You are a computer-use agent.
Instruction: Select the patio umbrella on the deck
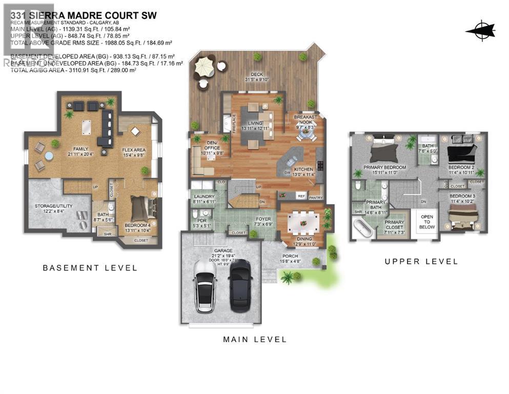click(x=204, y=66)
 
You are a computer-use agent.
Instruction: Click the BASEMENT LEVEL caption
click(x=90, y=268)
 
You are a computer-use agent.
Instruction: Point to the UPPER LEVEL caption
click(x=421, y=261)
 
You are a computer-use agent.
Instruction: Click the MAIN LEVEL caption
click(x=255, y=339)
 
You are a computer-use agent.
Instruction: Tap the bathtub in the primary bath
click(x=362, y=227)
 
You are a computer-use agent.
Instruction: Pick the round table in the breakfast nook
click(x=306, y=132)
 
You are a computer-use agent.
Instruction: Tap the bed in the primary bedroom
click(x=383, y=151)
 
